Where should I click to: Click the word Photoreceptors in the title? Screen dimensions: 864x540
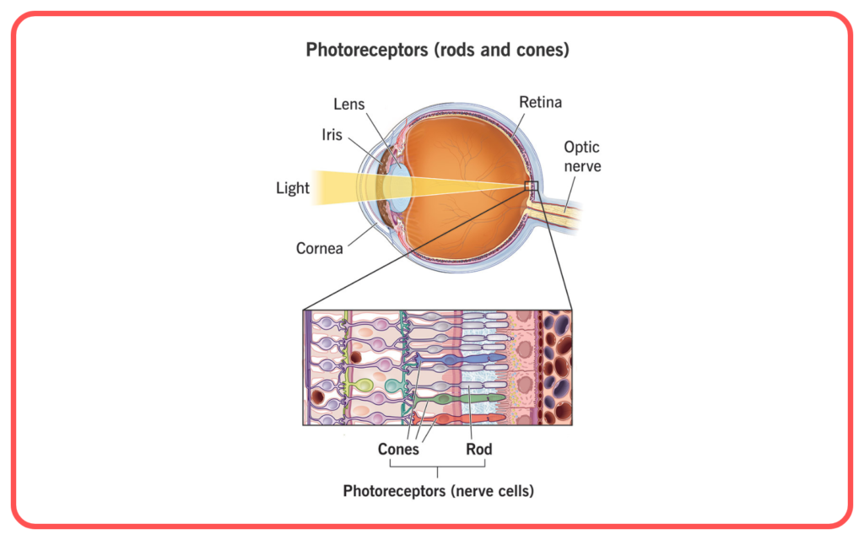(x=367, y=50)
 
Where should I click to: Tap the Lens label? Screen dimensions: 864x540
(x=348, y=104)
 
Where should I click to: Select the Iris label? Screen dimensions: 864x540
(x=332, y=135)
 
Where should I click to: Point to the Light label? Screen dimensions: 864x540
(x=293, y=188)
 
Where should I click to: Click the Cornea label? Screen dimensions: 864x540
(x=320, y=249)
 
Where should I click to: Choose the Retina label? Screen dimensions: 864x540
(x=541, y=102)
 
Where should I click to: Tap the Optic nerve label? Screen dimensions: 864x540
(x=582, y=156)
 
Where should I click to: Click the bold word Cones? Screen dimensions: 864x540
(x=398, y=449)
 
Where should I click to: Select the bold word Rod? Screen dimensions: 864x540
(x=479, y=449)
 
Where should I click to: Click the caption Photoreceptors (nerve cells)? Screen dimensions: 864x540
(x=439, y=491)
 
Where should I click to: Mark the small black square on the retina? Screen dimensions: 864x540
(x=532, y=186)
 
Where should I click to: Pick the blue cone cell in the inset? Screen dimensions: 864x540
(x=460, y=359)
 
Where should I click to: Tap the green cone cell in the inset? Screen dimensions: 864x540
(x=460, y=398)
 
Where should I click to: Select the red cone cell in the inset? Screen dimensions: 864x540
(x=460, y=420)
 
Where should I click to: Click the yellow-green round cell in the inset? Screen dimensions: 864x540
(x=364, y=385)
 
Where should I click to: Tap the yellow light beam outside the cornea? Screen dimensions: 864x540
(x=336, y=188)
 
